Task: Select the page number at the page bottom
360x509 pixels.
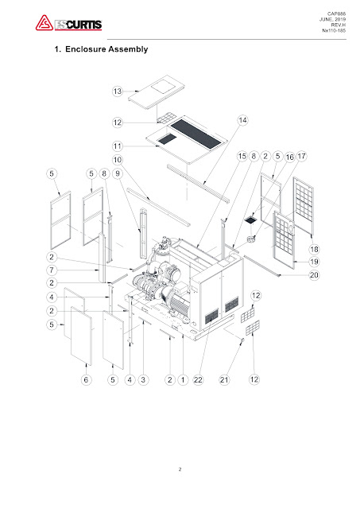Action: tap(180, 470)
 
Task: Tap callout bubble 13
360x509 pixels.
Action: tap(118, 91)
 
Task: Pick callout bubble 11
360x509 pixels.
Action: tap(118, 146)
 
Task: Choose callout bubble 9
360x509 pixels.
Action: tap(118, 173)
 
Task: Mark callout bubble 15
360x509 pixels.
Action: tap(241, 157)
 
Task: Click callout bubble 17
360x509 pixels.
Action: tap(302, 157)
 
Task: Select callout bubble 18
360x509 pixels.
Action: tap(315, 249)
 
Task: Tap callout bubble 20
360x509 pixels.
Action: tap(315, 275)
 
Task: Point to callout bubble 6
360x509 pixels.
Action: tap(85, 381)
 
